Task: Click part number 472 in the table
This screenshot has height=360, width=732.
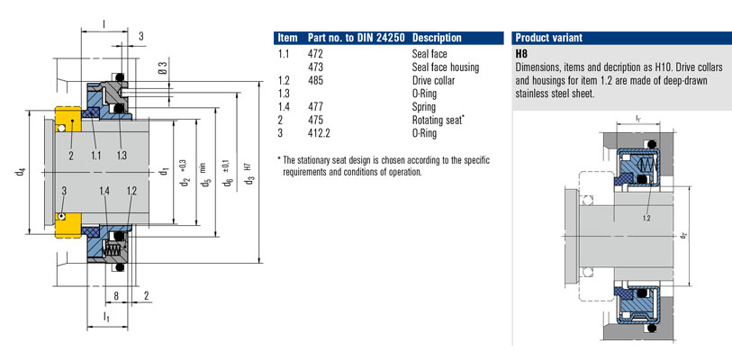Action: click(316, 54)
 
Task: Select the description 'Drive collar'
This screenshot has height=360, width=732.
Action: click(433, 80)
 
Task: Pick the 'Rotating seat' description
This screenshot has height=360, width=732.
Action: click(437, 120)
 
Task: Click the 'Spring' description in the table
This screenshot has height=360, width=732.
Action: click(424, 107)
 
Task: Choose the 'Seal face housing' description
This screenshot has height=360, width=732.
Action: click(446, 67)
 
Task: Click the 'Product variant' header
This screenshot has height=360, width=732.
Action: click(548, 38)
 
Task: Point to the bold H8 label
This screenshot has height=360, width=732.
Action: click(521, 54)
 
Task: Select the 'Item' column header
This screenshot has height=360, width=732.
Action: click(287, 38)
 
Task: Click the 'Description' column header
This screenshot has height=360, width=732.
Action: click(437, 38)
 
